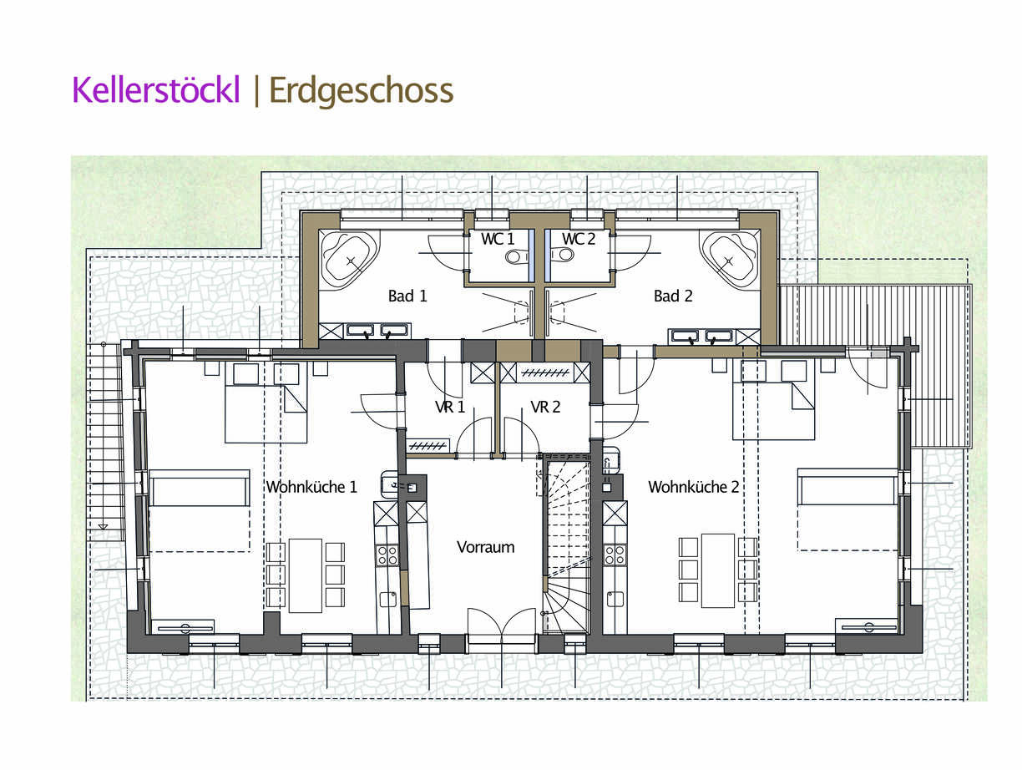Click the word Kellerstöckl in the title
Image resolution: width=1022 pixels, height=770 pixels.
(156, 90)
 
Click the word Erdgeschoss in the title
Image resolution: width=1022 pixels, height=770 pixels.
(362, 92)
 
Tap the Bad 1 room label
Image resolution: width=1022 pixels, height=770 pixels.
(407, 296)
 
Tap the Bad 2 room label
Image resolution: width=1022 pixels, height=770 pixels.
(673, 296)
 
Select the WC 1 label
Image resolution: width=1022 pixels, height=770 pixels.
(498, 239)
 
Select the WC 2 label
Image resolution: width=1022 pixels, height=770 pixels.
(579, 239)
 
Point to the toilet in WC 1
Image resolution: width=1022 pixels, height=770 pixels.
(517, 256)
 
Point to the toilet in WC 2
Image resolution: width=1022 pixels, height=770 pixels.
(562, 255)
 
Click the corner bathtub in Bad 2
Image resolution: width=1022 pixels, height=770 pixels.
(730, 259)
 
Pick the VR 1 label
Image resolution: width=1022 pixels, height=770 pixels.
(450, 407)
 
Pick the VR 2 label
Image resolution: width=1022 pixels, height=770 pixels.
(545, 407)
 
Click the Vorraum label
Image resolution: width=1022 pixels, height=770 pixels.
(486, 547)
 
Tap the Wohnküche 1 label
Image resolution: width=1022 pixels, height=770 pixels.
(311, 487)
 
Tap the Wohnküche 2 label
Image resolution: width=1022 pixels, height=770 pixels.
(694, 487)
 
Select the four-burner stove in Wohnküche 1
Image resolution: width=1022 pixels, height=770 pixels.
(387, 555)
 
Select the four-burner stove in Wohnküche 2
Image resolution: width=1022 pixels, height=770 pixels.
(615, 555)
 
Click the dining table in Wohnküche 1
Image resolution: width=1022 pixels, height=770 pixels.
(306, 576)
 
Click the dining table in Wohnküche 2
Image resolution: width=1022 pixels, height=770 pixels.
(718, 570)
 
